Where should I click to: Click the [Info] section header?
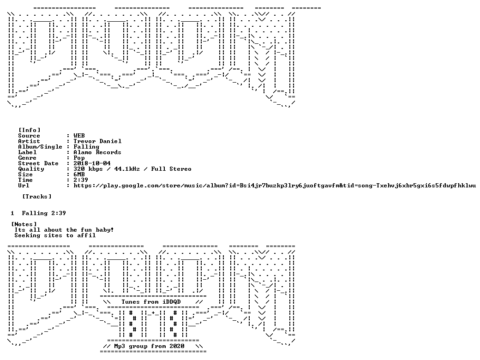(30, 130)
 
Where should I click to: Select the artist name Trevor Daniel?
(97, 141)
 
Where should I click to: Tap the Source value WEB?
(79, 136)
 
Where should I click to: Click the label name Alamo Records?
(97, 152)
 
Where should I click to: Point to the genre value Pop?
(79, 158)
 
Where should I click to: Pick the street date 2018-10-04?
(92, 163)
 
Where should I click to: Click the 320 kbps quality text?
(88, 169)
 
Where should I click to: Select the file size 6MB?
(79, 174)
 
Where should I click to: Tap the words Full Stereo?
(175, 169)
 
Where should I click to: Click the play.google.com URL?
(275, 186)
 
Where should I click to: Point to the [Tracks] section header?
(37, 197)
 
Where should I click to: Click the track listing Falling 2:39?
(44, 213)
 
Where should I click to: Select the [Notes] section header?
(24, 224)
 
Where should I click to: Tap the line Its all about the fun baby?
(64, 230)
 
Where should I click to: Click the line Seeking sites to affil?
(55, 235)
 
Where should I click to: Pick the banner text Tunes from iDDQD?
(151, 302)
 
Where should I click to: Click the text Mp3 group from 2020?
(149, 346)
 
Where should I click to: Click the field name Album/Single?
(40, 147)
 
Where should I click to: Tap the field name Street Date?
(38, 163)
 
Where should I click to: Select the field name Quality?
(31, 169)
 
